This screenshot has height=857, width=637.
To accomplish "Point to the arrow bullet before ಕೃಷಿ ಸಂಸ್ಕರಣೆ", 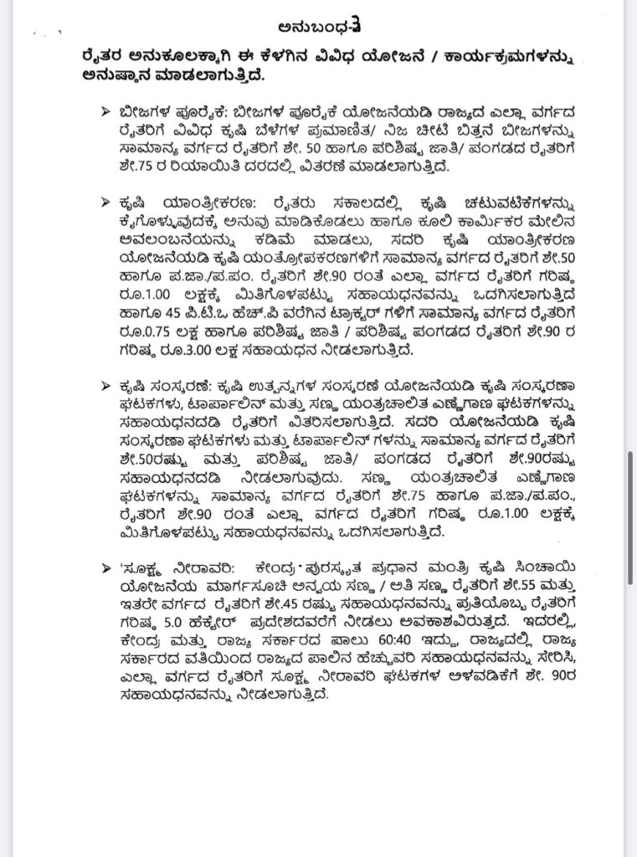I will point(105,384).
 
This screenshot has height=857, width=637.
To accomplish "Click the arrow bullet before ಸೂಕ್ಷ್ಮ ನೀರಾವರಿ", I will point(105,565).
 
